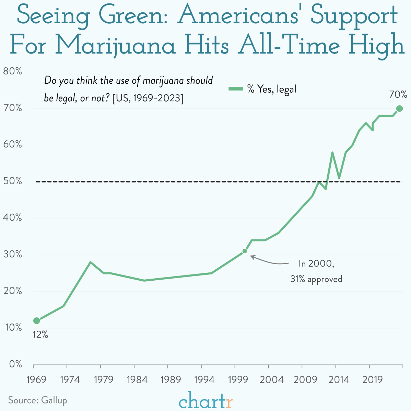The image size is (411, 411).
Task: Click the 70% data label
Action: (398, 94)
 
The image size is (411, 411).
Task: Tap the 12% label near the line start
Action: (40, 334)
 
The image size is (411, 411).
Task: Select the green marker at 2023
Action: (399, 109)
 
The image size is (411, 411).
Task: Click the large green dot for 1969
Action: (37, 321)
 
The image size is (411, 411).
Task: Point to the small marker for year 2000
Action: (245, 251)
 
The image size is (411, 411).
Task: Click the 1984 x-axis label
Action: (137, 380)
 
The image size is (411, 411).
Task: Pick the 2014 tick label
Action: (339, 380)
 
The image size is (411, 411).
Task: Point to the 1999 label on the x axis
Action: (238, 380)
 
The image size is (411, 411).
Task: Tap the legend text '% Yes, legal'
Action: (272, 89)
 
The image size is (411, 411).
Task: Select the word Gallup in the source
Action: (54, 400)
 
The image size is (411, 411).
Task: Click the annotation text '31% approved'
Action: (316, 279)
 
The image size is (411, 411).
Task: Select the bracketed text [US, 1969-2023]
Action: (148, 98)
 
